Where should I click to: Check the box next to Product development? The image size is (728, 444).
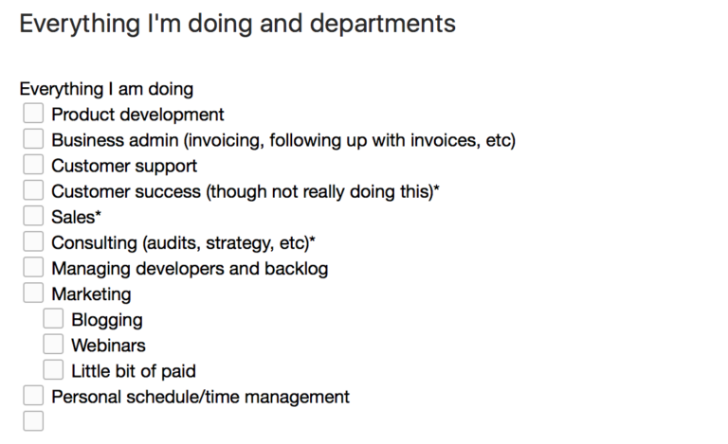[x=33, y=113]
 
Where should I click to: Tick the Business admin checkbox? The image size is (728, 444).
[x=33, y=138]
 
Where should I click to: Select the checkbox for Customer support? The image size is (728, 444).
[x=33, y=165]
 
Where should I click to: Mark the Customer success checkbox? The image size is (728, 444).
[x=33, y=190]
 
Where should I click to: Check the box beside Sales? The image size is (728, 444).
[x=33, y=216]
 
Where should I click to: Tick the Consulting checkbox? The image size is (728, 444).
[x=33, y=241]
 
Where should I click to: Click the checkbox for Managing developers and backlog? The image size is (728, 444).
[x=33, y=267]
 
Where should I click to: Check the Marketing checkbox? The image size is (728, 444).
[x=33, y=293]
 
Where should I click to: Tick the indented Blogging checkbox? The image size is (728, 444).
[x=53, y=318]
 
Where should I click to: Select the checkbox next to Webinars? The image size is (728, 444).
[x=53, y=344]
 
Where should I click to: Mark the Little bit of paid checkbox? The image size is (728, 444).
[x=53, y=370]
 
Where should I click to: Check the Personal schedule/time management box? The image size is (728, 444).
[x=33, y=396]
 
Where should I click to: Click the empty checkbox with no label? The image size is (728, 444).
[x=33, y=421]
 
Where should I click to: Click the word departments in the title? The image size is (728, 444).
[x=383, y=24]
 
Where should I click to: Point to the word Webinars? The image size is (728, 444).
[x=108, y=346]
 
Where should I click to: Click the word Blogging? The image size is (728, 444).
[x=107, y=321]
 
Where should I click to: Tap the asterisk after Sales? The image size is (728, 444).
[x=98, y=214]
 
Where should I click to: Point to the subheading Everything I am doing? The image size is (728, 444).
[x=106, y=89]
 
